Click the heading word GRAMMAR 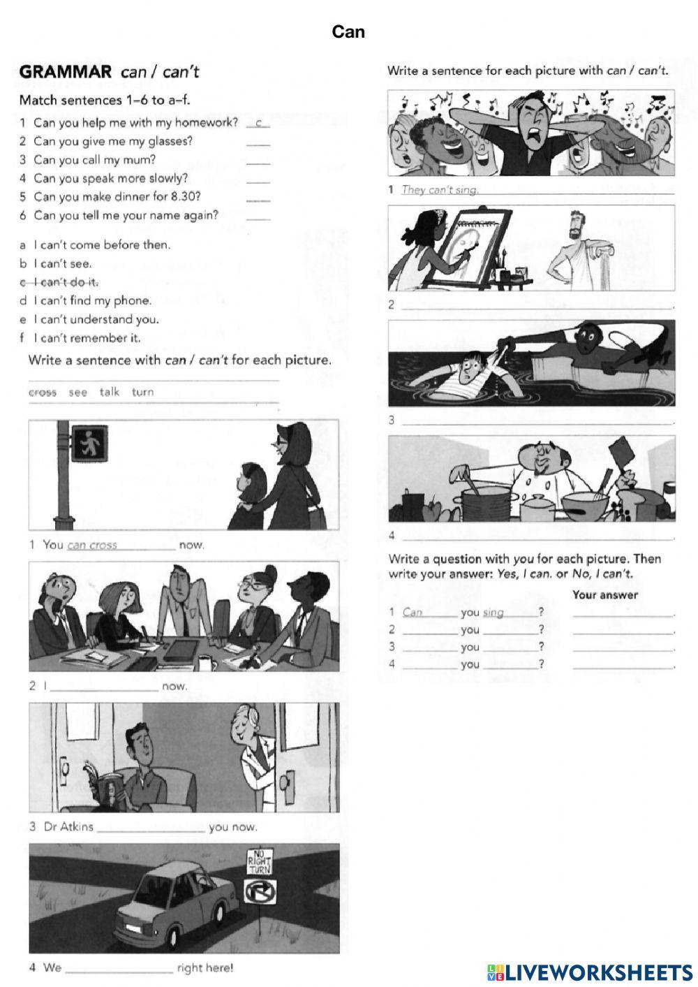[x=66, y=71]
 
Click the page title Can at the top [x=348, y=31]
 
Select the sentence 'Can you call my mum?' [x=94, y=159]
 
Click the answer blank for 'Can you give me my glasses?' [x=258, y=142]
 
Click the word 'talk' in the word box [x=110, y=392]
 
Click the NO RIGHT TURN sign [x=260, y=863]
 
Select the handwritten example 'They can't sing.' [x=440, y=190]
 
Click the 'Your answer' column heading [x=604, y=595]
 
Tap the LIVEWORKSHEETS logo [x=590, y=972]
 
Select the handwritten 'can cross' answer [x=92, y=545]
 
